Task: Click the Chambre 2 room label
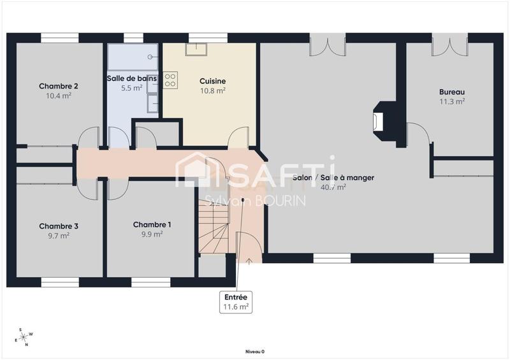[x=59, y=86]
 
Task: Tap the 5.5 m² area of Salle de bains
[x=132, y=89]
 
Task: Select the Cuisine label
[x=212, y=81]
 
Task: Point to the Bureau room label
[x=451, y=92]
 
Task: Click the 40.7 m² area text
[x=333, y=187]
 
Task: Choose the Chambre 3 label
[x=59, y=226]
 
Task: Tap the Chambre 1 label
[x=152, y=224]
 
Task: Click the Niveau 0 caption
[x=254, y=351]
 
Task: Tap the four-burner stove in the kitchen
[x=171, y=80]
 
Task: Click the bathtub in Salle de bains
[x=132, y=57]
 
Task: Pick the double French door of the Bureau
[x=449, y=46]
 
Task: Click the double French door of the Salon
[x=328, y=46]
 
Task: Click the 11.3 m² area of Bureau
[x=451, y=101]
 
